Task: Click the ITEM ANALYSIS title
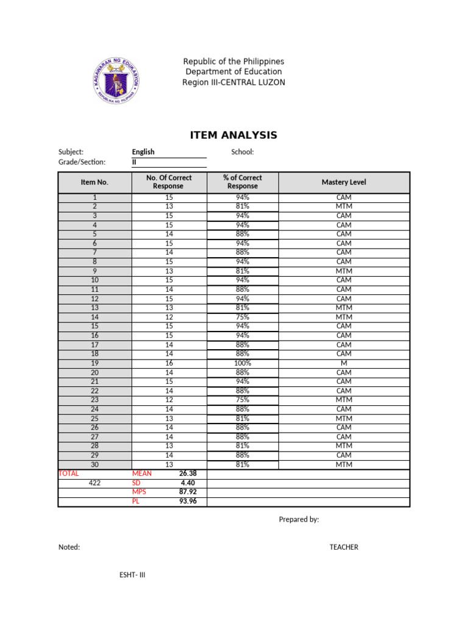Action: pos(233,135)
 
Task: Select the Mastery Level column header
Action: pos(344,182)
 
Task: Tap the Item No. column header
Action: pos(94,182)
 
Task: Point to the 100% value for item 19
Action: pos(243,363)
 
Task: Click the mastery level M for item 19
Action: pos(344,363)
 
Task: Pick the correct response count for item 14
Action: pos(169,317)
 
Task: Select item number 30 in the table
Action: pos(94,465)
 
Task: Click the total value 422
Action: pos(94,483)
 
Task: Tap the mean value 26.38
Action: pos(188,473)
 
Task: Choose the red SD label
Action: pos(137,483)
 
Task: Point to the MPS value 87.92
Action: pos(188,492)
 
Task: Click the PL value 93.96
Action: pos(188,502)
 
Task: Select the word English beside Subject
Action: pos(143,152)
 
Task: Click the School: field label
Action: pos(243,152)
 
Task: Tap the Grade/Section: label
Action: pos(82,162)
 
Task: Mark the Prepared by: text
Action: pos(299,519)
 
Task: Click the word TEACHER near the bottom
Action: pos(344,547)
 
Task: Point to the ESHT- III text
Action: pos(132,575)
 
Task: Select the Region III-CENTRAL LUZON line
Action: pos(233,82)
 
